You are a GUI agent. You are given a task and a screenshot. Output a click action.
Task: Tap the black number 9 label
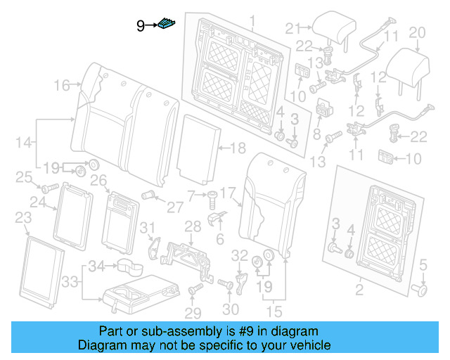[x=141, y=26]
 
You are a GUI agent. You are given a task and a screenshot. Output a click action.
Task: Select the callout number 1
[x=234, y=18]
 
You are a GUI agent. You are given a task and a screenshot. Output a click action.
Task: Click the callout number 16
[x=62, y=86]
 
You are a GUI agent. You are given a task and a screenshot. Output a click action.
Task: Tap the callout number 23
[x=22, y=217]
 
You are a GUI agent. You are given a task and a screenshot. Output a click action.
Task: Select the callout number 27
[x=174, y=207]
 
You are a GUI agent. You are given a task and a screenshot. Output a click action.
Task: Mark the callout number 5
[x=423, y=265]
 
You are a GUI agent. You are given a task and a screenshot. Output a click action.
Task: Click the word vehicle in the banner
[x=305, y=345]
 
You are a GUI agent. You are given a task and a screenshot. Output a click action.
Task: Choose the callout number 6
[x=219, y=240]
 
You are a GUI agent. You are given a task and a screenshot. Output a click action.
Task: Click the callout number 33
[x=67, y=282]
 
